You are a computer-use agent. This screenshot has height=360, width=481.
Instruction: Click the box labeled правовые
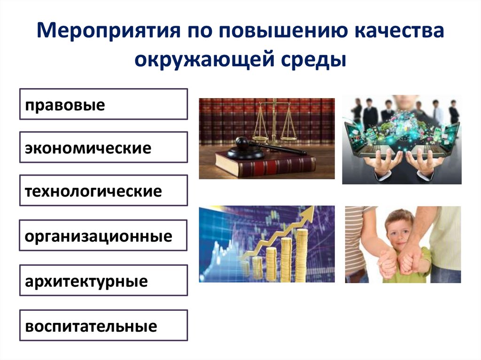coord(103,104)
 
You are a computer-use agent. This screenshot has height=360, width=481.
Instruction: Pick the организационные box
coord(103,235)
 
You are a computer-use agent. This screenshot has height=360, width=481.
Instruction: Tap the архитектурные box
coord(103,281)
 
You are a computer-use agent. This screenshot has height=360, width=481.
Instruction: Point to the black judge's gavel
coord(249,146)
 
